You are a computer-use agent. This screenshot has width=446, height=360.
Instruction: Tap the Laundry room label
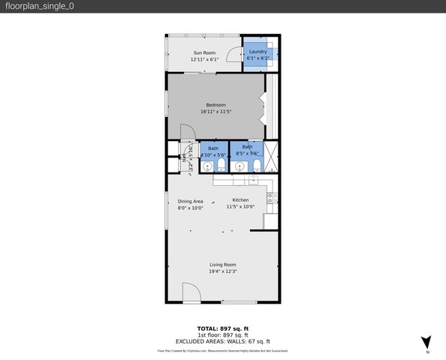259,52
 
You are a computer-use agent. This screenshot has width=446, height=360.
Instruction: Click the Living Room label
223,265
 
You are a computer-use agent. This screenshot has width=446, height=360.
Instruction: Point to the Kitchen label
240,200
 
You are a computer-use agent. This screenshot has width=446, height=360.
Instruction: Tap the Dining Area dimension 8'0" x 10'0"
190,207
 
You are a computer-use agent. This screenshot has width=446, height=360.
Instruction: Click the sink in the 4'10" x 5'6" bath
207,166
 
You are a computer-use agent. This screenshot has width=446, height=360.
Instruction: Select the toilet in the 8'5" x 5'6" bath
257,166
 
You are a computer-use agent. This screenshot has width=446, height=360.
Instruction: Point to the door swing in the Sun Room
234,54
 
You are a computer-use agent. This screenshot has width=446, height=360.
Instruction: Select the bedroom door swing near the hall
189,132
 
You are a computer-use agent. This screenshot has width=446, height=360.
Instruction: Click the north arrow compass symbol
426,341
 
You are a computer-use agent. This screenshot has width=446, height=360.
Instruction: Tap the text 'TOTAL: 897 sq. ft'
223,328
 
